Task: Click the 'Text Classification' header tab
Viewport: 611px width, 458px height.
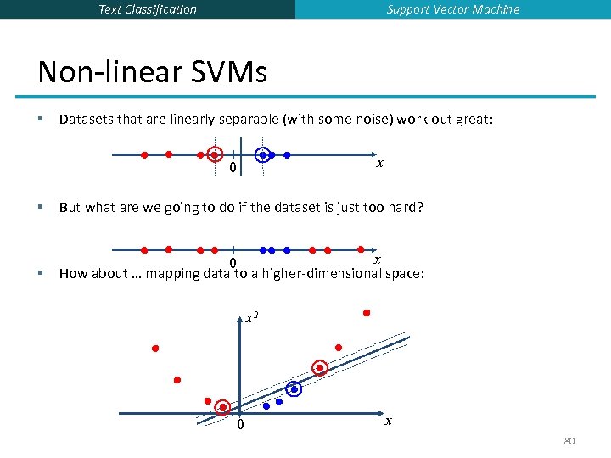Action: pyautogui.click(x=148, y=9)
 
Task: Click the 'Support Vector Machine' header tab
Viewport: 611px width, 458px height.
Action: pyautogui.click(x=453, y=9)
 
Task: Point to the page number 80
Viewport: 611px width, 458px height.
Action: pyautogui.click(x=569, y=441)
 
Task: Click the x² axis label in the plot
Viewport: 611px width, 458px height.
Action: pyautogui.click(x=252, y=319)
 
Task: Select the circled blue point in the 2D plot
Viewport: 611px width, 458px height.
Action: pyautogui.click(x=294, y=389)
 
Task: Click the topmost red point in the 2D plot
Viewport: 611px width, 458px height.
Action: pyautogui.click(x=367, y=313)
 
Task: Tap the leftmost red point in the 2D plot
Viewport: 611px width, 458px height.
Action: pyautogui.click(x=156, y=349)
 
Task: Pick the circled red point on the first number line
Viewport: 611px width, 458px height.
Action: pyautogui.click(x=216, y=154)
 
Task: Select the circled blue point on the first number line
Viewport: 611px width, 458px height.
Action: pyautogui.click(x=263, y=154)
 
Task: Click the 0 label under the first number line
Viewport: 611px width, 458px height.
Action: pyautogui.click(x=233, y=168)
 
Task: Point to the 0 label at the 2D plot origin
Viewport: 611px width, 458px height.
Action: pyautogui.click(x=240, y=425)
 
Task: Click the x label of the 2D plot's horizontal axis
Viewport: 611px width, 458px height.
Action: pyautogui.click(x=389, y=421)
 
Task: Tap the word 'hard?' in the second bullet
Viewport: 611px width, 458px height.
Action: pyautogui.click(x=405, y=207)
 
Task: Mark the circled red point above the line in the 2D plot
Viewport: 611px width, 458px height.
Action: pyautogui.click(x=320, y=368)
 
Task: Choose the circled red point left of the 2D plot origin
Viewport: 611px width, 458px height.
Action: pyautogui.click(x=222, y=407)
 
